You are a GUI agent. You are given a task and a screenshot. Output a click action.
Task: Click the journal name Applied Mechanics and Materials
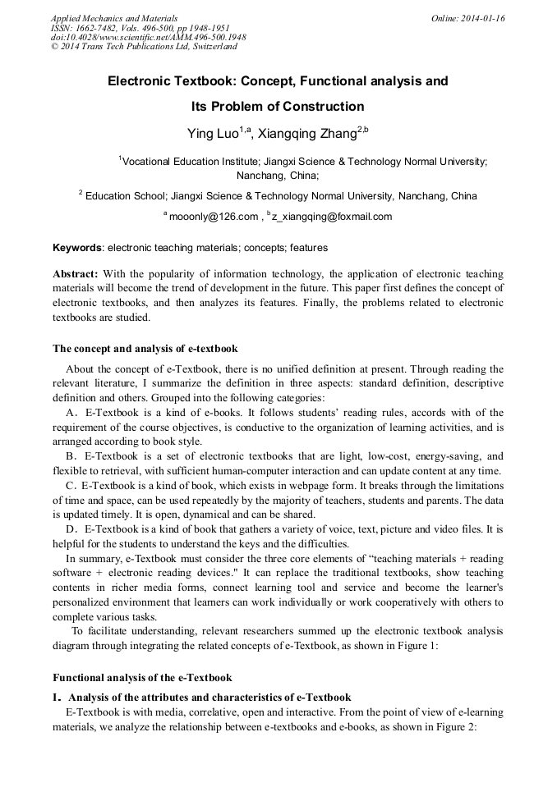[x=114, y=18]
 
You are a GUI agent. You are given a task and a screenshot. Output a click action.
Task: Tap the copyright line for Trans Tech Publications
[x=144, y=47]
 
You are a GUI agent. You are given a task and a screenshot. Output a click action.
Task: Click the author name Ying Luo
[x=212, y=131]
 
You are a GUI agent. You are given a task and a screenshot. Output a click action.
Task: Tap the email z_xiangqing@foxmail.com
[x=320, y=217]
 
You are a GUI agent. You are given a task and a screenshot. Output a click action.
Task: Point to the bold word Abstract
[x=76, y=273]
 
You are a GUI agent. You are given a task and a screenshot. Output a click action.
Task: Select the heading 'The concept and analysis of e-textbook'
[x=145, y=349]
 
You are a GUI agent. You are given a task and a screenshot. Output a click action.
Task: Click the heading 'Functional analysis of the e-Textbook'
[x=142, y=677]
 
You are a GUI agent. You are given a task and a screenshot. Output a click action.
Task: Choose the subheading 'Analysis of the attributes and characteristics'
[x=209, y=697]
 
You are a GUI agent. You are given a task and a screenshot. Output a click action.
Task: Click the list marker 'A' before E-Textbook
[x=71, y=412]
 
